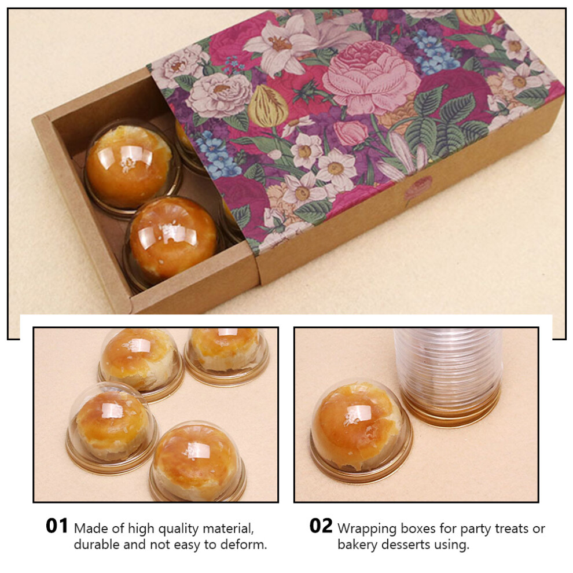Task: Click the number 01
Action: [x=57, y=526]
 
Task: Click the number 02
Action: [x=321, y=526]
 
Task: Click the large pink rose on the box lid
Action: [x=370, y=78]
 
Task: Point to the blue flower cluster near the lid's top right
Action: [x=436, y=54]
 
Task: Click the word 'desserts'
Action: [x=406, y=545]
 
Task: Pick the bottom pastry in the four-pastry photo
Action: [x=197, y=462]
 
